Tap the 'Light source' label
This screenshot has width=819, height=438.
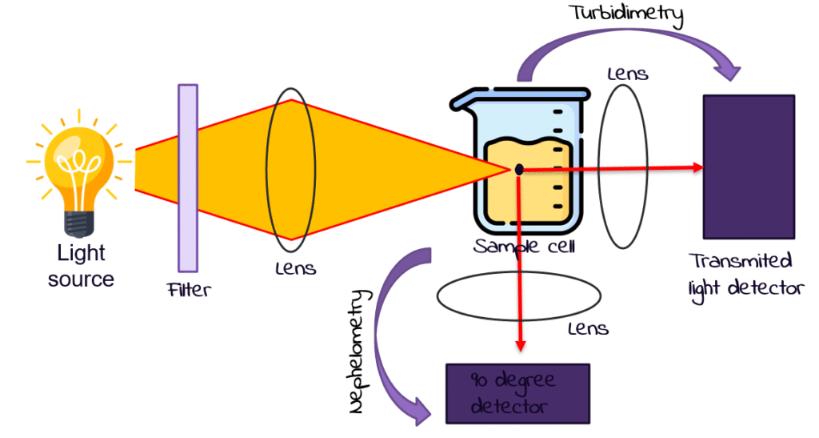[x=81, y=267]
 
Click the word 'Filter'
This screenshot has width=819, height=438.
[x=189, y=290]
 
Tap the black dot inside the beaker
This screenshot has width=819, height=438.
[x=519, y=169]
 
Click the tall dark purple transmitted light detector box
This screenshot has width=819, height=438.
[x=749, y=167]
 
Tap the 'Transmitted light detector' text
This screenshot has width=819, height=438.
[x=744, y=275]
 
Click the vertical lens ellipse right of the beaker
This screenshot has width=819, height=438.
[x=623, y=165]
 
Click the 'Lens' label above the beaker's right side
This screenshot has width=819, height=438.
[x=628, y=74]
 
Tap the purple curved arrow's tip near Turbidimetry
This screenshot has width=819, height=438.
[x=734, y=74]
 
